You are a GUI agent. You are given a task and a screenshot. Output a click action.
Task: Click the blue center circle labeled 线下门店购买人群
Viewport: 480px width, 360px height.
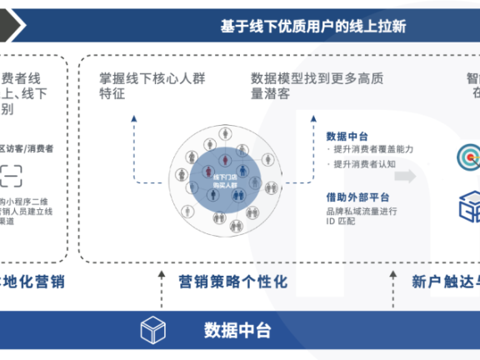click(x=223, y=178)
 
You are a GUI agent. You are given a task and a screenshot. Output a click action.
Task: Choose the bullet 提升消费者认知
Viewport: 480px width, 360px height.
click(x=366, y=164)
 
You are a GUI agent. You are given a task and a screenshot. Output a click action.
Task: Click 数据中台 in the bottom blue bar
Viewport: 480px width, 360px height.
click(x=237, y=330)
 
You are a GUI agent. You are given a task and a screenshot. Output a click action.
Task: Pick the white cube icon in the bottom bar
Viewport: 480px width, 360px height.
click(x=154, y=330)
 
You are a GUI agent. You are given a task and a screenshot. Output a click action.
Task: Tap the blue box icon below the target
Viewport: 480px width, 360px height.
click(x=468, y=206)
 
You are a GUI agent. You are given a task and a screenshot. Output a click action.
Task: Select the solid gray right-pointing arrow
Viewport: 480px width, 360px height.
click(x=406, y=177)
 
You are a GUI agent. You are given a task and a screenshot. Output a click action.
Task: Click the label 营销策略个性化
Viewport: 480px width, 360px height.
click(x=232, y=282)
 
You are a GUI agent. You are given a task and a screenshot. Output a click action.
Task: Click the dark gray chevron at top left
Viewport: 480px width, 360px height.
click(x=12, y=25)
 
